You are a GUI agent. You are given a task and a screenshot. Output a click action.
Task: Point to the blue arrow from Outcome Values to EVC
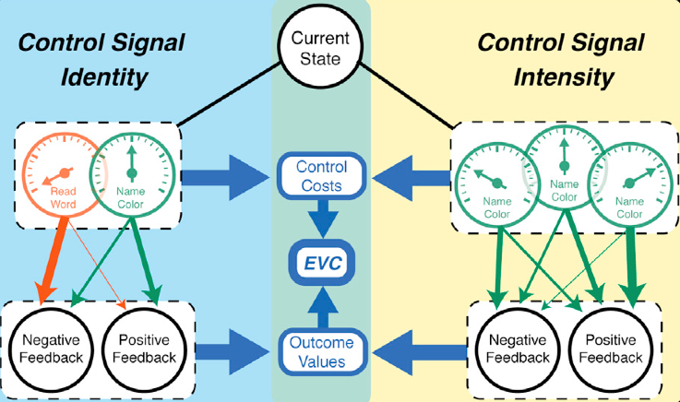coord(322,303)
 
